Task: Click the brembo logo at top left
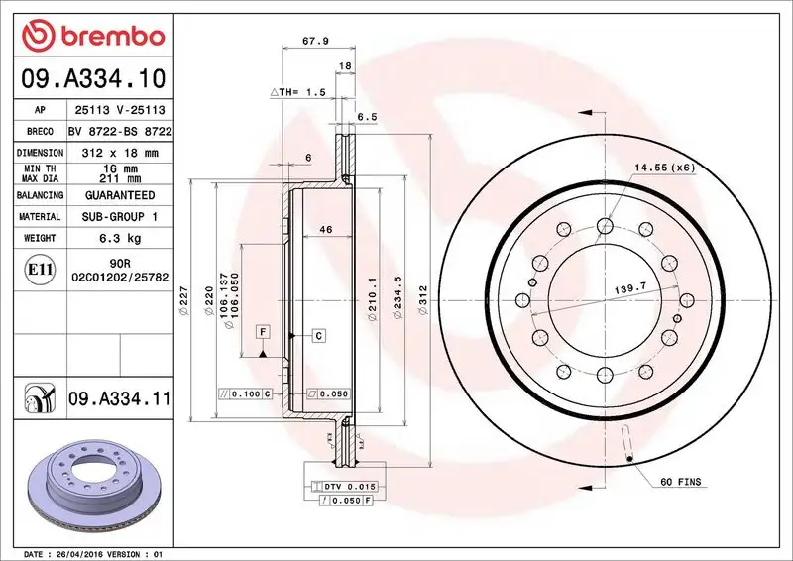pyautogui.click(x=92, y=36)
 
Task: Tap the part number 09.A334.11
pyautogui.click(x=120, y=399)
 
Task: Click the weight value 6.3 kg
pyautogui.click(x=120, y=238)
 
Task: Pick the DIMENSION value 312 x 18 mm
pyautogui.click(x=120, y=153)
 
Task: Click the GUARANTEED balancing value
pyautogui.click(x=120, y=195)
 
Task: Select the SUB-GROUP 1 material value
pyautogui.click(x=120, y=216)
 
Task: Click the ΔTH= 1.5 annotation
pyautogui.click(x=298, y=91)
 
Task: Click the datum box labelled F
pyautogui.click(x=264, y=330)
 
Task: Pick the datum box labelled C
pyautogui.click(x=319, y=336)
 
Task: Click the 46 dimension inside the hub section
pyautogui.click(x=325, y=229)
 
